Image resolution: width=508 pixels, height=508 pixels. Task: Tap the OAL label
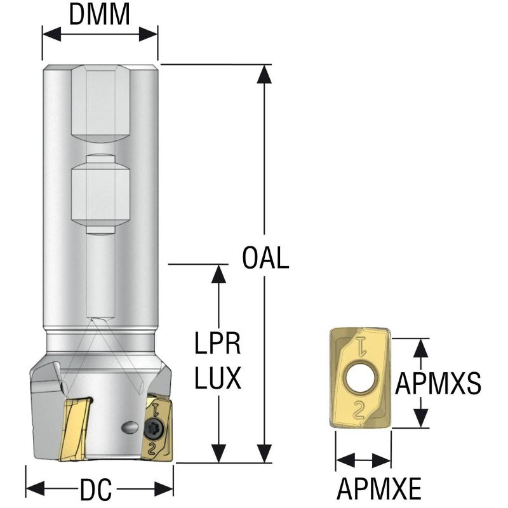[265, 258]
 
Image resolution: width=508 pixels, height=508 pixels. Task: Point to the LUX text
[217, 379]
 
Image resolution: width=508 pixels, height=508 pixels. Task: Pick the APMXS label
[438, 383]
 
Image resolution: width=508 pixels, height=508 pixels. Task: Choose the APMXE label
[379, 489]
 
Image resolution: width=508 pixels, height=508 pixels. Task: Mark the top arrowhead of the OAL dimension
[265, 74]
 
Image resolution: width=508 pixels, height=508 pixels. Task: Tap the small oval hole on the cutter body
[129, 427]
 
